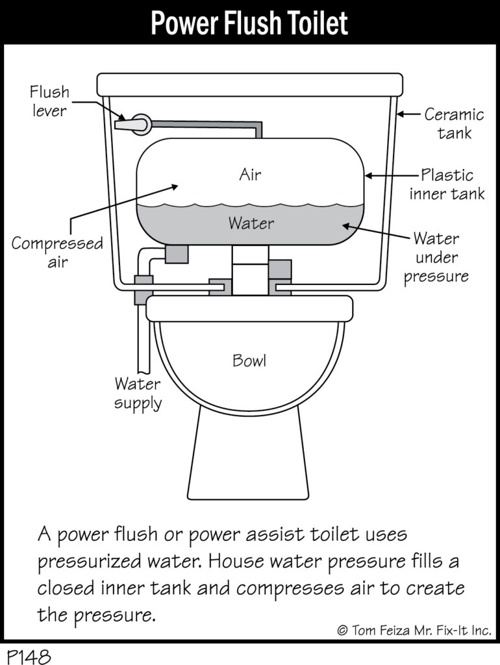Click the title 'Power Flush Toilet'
(x=249, y=21)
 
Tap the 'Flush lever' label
(x=49, y=101)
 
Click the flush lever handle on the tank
(x=133, y=124)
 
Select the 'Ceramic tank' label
(x=454, y=124)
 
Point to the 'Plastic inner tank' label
(x=447, y=184)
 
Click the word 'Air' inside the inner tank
(x=250, y=174)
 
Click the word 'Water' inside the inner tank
(x=251, y=223)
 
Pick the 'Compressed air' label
(x=56, y=253)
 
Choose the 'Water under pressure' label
(x=436, y=257)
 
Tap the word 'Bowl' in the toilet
(x=249, y=360)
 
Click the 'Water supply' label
(x=138, y=393)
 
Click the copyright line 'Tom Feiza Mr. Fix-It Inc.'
(x=414, y=630)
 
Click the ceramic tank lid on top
(x=249, y=84)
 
